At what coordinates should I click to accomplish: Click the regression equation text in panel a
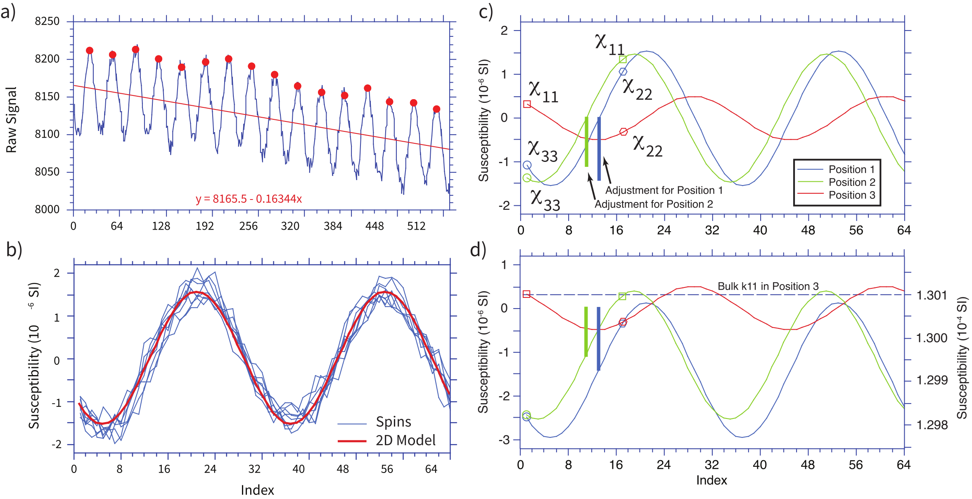tap(249, 199)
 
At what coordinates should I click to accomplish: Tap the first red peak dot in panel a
tap(90, 50)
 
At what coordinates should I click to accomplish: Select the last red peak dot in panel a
tap(436, 109)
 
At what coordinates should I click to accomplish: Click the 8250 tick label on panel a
tap(47, 21)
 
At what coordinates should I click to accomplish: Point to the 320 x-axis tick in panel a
tap(290, 226)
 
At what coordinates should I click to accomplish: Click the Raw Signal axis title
tap(12, 120)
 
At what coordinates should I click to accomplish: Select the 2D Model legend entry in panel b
tap(405, 440)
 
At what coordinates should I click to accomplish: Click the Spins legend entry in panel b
tap(393, 422)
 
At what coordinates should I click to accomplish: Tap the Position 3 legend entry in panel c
tap(851, 195)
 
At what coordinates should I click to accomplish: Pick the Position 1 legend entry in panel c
tap(851, 169)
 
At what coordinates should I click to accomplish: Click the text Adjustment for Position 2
tap(654, 204)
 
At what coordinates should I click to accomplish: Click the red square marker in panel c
tap(527, 104)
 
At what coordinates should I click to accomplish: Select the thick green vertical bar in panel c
tap(586, 142)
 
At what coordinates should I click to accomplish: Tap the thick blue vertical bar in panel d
tap(598, 339)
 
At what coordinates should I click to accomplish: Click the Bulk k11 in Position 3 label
tap(768, 286)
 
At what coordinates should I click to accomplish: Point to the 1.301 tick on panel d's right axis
tap(932, 295)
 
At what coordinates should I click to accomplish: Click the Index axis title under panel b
tap(257, 490)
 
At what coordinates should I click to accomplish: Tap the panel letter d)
tap(478, 250)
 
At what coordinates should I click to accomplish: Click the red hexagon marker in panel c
tap(624, 132)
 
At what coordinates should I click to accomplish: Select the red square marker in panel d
tap(526, 294)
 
